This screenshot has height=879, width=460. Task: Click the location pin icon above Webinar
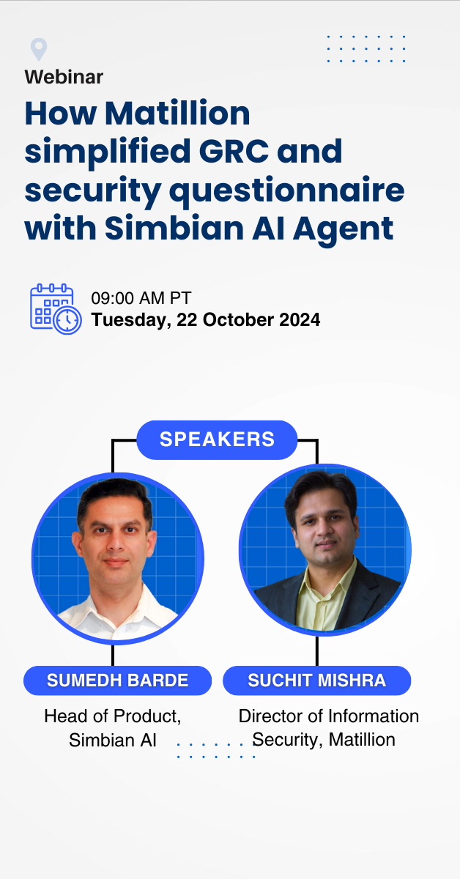coord(39,49)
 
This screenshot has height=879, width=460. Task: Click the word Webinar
coord(64,76)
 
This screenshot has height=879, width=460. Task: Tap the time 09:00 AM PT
coord(141,298)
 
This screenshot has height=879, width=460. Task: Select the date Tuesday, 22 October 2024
coord(205,320)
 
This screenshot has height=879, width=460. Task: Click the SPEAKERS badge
coord(217,439)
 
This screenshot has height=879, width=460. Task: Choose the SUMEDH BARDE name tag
coord(117,680)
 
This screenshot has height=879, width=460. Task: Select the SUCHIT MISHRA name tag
coord(316,680)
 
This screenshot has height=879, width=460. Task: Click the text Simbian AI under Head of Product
coord(113,740)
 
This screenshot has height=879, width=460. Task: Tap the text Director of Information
coord(329,716)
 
